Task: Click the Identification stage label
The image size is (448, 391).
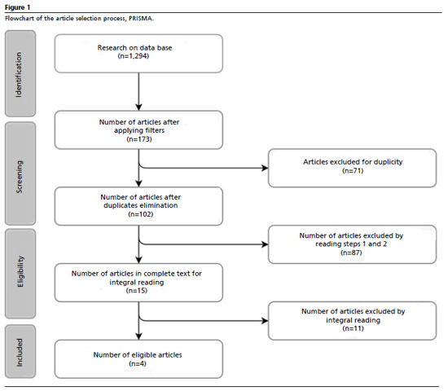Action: (19, 75)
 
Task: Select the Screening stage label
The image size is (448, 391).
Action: (20, 177)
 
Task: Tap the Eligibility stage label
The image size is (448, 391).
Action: (20, 271)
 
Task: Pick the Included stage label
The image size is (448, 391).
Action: (20, 353)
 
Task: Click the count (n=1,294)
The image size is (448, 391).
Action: (134, 56)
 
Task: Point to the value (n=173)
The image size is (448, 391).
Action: (139, 139)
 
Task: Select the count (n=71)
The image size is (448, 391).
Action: (353, 170)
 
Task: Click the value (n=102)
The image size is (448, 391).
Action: (141, 214)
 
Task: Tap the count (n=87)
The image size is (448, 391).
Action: (351, 253)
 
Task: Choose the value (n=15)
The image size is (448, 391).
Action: (137, 291)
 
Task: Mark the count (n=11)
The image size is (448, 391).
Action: (354, 328)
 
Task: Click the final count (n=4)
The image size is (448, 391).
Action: (138, 363)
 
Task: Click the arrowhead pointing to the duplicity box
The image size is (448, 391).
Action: (266, 168)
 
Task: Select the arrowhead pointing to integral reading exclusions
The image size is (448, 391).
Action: (266, 321)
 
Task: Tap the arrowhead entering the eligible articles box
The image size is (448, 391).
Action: (138, 336)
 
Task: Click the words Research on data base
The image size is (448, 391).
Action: (134, 48)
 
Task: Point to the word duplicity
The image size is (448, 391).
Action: (388, 162)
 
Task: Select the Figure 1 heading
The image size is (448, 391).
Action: (17, 7)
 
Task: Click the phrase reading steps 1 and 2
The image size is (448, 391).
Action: (351, 244)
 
